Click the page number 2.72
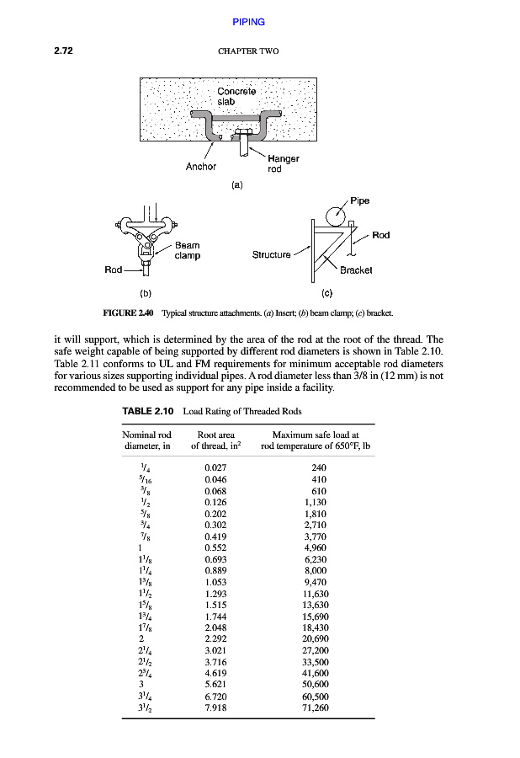[x=64, y=51]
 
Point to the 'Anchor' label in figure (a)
[x=201, y=166]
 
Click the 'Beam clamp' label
[x=187, y=250]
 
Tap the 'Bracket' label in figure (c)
[x=357, y=270]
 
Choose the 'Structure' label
[x=271, y=254]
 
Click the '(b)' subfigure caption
[x=146, y=293]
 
